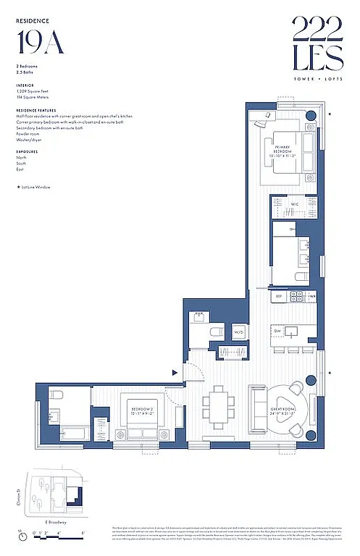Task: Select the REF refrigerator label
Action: [277, 296]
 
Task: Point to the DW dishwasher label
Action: [277, 331]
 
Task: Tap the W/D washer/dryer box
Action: [238, 332]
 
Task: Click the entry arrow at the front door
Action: [175, 372]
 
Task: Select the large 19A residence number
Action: [40, 43]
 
